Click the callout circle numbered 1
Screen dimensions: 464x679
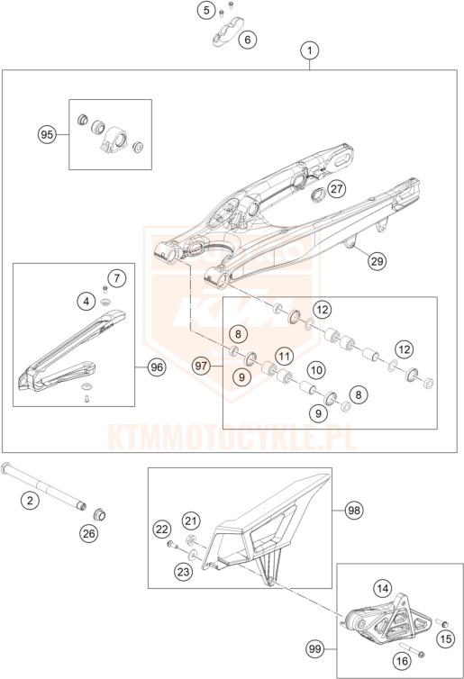pyautogui.click(x=309, y=50)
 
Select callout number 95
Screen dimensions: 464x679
pyautogui.click(x=47, y=135)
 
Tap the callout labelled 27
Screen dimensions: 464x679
pyautogui.click(x=337, y=189)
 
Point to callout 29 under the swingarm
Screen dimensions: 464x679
pyautogui.click(x=377, y=261)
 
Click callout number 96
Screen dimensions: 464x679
pyautogui.click(x=157, y=367)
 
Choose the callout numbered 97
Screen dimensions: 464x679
pyautogui.click(x=201, y=366)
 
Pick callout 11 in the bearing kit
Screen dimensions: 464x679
pyautogui.click(x=284, y=357)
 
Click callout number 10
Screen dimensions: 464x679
pyautogui.click(x=316, y=370)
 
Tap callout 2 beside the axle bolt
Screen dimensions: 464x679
pyautogui.click(x=30, y=501)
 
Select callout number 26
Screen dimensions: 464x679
pyautogui.click(x=89, y=533)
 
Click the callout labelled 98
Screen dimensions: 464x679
pyautogui.click(x=354, y=511)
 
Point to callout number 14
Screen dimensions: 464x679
pyautogui.click(x=383, y=588)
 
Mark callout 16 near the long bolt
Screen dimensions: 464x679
pyautogui.click(x=402, y=661)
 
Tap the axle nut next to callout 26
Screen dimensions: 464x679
pyautogui.click(x=100, y=515)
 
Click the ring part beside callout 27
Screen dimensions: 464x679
pyautogui.click(x=319, y=194)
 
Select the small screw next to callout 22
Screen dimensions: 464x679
pyautogui.click(x=172, y=545)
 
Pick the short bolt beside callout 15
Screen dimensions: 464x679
pyautogui.click(x=441, y=623)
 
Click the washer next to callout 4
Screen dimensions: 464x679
pyautogui.click(x=105, y=302)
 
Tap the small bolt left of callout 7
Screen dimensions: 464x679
pyautogui.click(x=105, y=289)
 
